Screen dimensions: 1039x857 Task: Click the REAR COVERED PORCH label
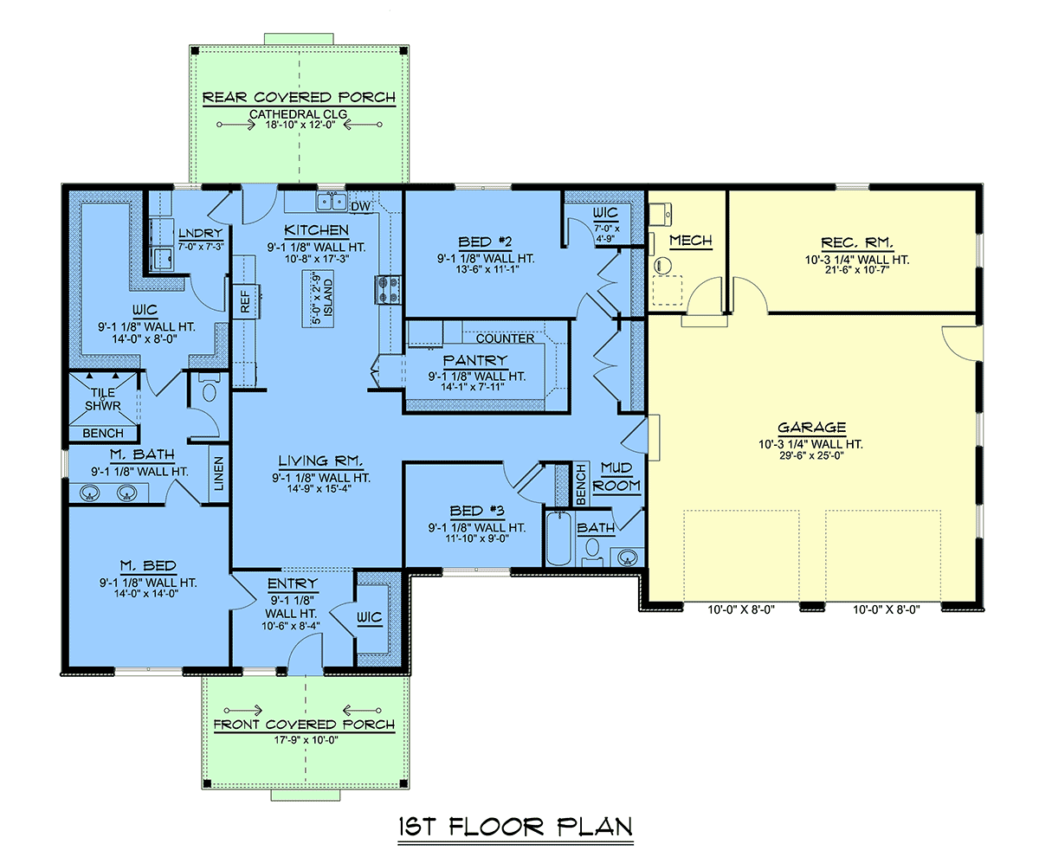[299, 97]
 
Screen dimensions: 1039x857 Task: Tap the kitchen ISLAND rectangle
[318, 299]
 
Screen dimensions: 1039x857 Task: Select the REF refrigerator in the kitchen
[247, 301]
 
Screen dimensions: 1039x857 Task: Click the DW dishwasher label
[360, 207]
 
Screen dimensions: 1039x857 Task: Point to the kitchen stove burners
[388, 289]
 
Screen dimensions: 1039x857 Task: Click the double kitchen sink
[332, 201]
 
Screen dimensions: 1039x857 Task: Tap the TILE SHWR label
[103, 399]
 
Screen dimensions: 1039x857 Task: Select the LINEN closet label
[218, 474]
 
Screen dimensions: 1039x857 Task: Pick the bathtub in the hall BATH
[558, 538]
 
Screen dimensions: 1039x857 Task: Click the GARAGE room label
[811, 428]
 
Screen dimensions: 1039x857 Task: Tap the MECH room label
[691, 241]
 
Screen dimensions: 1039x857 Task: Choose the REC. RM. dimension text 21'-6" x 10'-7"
[857, 270]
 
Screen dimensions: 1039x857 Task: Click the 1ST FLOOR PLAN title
[515, 828]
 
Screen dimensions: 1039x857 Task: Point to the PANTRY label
[475, 360]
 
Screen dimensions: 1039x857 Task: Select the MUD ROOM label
[616, 477]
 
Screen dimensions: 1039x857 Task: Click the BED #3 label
[477, 511]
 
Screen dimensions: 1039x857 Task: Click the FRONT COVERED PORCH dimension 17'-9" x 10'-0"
[306, 739]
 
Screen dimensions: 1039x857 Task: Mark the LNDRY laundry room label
[200, 233]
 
